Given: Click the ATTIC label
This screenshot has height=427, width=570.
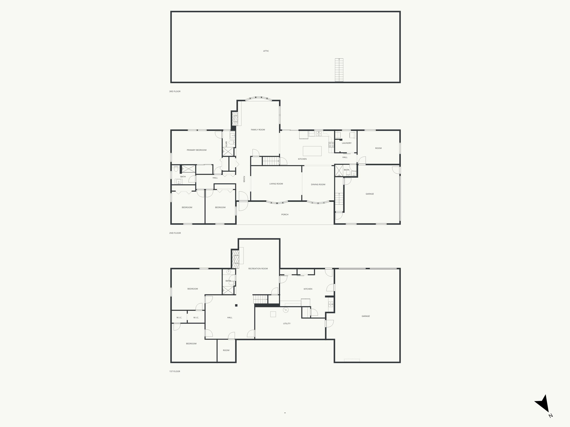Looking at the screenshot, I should [266, 51].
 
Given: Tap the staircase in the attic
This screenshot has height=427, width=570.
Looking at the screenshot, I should [339, 70].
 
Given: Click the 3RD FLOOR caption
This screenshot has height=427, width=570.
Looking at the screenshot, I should [175, 91].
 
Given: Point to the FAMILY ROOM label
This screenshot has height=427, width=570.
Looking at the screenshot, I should [258, 130].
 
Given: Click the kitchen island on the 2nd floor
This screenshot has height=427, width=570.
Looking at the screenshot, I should [312, 151].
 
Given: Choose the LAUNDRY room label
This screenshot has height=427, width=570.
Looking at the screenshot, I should [347, 143].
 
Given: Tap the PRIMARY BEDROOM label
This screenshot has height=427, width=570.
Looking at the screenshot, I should [196, 150].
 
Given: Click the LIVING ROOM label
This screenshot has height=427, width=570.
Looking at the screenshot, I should [276, 184].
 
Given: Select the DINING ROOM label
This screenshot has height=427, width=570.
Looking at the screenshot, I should [318, 185].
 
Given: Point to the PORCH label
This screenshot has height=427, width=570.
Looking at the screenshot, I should [285, 215].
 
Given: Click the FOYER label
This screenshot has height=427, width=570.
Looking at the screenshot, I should [244, 179].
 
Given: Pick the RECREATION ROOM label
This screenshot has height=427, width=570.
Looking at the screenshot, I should [258, 269].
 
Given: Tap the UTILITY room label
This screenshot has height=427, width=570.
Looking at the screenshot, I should [287, 324].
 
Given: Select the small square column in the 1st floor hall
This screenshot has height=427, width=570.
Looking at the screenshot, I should [236, 306].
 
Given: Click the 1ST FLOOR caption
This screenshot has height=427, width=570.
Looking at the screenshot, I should [175, 371].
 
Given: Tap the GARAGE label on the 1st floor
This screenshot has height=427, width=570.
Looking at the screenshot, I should [366, 316].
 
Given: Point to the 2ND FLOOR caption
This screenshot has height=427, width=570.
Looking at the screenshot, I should [175, 233].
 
